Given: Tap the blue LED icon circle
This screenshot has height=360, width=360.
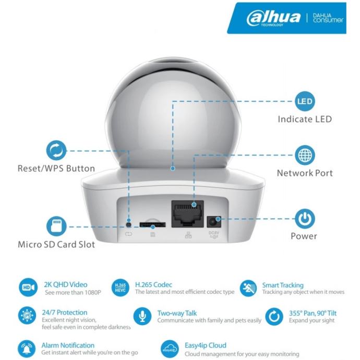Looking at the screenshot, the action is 305,101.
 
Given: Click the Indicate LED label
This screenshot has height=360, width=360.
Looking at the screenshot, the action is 305,119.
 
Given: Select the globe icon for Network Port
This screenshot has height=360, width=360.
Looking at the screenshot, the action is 305,155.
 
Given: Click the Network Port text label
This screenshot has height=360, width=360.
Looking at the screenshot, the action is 305,173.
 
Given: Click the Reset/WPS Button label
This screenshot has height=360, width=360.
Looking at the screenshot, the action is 56,169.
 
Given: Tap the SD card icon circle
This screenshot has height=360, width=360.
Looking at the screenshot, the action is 56,226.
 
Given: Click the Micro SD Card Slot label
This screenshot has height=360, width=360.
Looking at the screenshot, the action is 56,244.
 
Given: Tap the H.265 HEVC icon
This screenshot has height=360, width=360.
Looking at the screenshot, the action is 120,287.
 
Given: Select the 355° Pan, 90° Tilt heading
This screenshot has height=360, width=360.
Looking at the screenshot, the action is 312,313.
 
